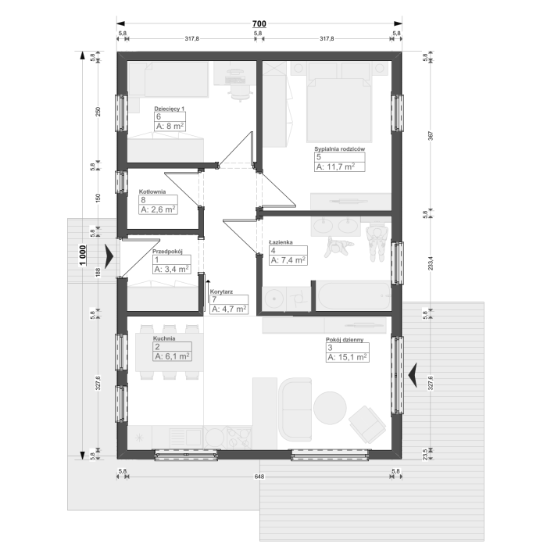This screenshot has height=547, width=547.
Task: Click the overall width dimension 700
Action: [259, 23]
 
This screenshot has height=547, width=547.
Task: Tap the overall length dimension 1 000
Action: [83, 255]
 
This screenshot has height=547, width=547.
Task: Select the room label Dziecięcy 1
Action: [170, 109]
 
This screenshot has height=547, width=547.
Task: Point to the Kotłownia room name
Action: [152, 191]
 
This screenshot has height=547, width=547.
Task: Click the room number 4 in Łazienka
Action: [273, 251]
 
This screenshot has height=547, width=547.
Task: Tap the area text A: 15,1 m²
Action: [347, 357]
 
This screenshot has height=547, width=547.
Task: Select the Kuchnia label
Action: [164, 338]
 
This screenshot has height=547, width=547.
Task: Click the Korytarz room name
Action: [221, 291]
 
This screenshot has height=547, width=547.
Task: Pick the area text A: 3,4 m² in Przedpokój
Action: [172, 270]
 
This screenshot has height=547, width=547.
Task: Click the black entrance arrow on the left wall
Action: [109, 256]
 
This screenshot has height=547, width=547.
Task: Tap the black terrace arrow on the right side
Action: [413, 375]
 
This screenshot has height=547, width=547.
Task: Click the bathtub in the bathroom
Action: [353, 296]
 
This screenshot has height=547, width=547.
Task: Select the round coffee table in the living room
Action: [330, 408]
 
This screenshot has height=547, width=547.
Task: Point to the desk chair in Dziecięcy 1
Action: [239, 90]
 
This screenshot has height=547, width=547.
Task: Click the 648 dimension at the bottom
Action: [259, 476]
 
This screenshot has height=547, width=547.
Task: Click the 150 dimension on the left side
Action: [98, 198]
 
